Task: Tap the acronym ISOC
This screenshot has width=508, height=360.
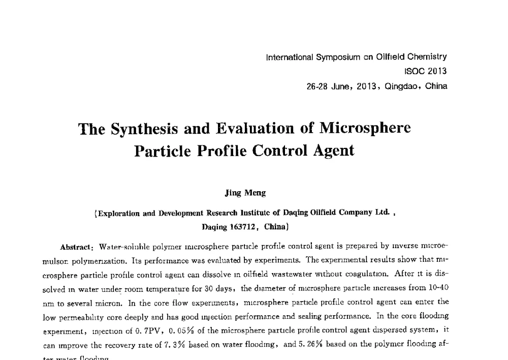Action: [x=415, y=72]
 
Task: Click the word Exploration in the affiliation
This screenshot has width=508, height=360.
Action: [x=119, y=213]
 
